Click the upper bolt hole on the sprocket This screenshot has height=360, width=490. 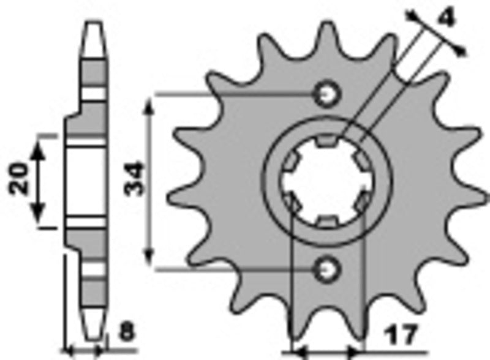pos(326,94)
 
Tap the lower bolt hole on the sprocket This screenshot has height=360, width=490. pos(326,268)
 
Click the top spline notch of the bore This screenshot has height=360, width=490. pos(326,143)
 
